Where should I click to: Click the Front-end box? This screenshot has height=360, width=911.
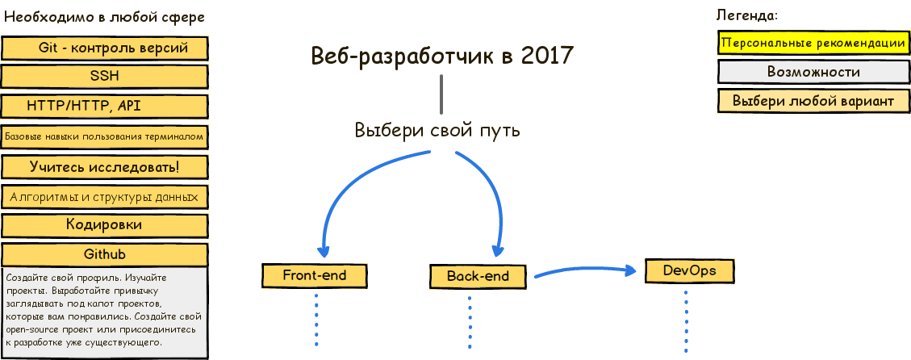[x=315, y=275]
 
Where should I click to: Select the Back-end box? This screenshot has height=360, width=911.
[x=478, y=276]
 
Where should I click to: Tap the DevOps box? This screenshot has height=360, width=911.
[x=690, y=270]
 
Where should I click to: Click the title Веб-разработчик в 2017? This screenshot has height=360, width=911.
[x=441, y=56]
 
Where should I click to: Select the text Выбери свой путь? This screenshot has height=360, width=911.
[x=437, y=130]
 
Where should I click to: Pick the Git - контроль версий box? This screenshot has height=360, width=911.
[x=105, y=48]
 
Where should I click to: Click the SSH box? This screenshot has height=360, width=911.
[x=105, y=77]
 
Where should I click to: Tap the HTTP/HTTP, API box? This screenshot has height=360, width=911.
[x=105, y=107]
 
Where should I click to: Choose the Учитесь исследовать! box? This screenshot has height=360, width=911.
[x=105, y=167]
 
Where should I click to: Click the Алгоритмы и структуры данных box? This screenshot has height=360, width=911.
[x=105, y=196]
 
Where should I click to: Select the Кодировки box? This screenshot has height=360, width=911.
[x=105, y=225]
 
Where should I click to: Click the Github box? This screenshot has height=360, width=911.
[x=105, y=254]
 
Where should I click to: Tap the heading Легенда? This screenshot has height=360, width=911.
[x=747, y=15]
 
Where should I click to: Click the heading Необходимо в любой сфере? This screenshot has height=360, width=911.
[x=104, y=17]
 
